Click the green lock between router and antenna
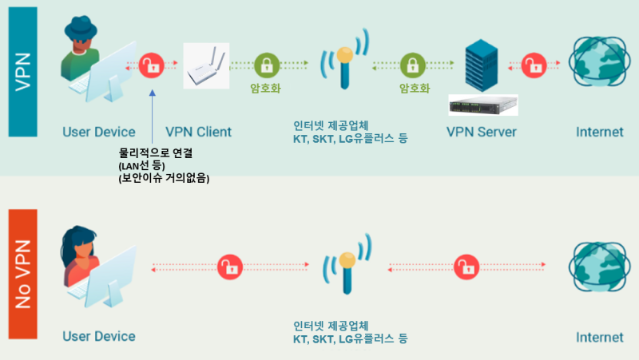tap(266, 65)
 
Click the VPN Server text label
tap(482, 132)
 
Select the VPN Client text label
tap(198, 132)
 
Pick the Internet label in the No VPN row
tap(599, 337)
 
